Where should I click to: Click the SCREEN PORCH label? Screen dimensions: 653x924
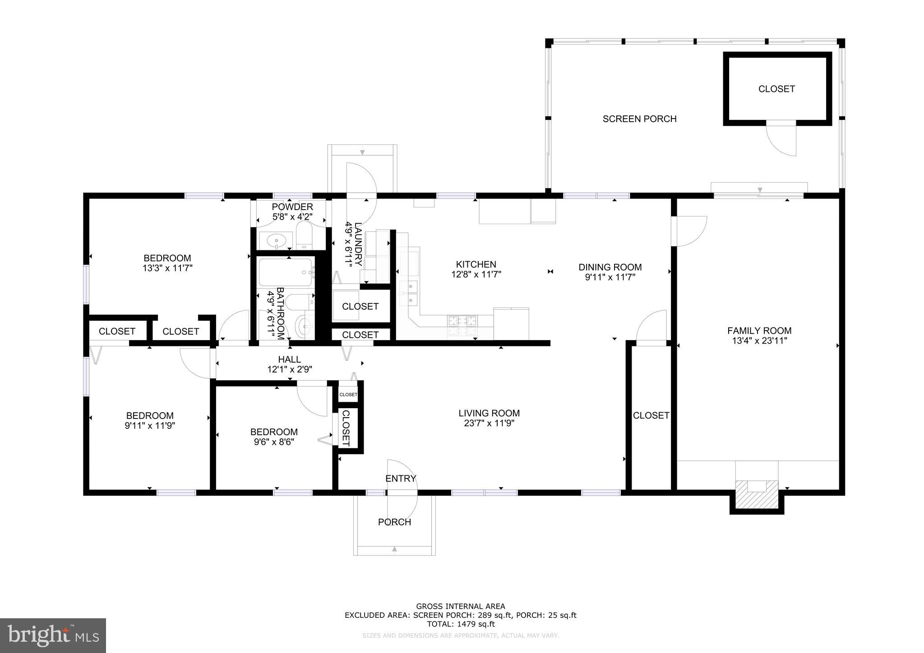click(639, 119)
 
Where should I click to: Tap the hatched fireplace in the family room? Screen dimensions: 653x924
click(757, 495)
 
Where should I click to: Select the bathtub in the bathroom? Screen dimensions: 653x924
click(285, 272)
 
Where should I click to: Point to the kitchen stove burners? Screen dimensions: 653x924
click(462, 322)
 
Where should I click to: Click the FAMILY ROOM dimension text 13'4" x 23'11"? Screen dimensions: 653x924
click(759, 341)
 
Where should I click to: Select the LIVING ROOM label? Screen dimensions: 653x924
click(489, 413)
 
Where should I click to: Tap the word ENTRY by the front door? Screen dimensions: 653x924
click(401, 478)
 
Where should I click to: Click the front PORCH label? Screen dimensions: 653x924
click(394, 522)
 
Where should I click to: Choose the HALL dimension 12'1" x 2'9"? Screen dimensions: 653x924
click(290, 369)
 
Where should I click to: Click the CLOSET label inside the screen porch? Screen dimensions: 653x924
click(776, 89)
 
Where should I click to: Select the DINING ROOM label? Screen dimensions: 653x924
click(610, 267)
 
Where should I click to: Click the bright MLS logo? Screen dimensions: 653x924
click(53, 635)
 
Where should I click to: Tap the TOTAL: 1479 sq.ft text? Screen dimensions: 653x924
click(461, 624)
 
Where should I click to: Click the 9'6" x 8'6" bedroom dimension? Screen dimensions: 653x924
click(274, 442)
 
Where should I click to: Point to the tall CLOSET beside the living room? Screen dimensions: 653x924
click(651, 415)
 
